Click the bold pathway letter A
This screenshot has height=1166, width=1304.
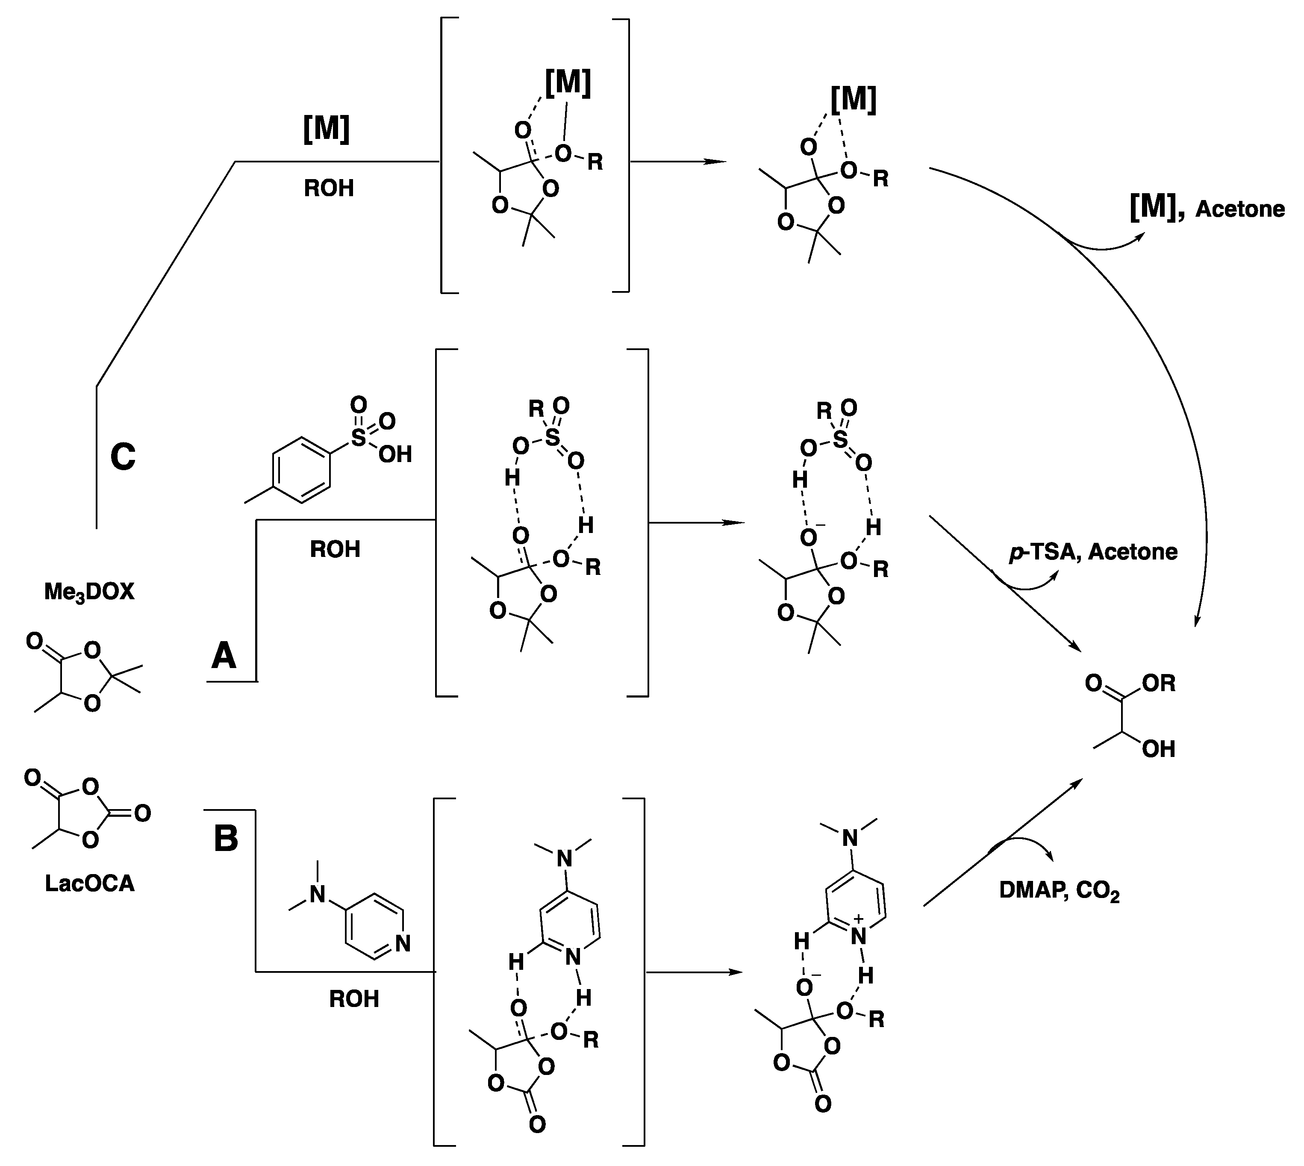coord(224,656)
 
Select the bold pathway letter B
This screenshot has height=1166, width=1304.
coord(225,838)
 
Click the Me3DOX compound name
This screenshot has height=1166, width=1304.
coord(90,591)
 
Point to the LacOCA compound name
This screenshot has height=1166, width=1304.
coord(90,883)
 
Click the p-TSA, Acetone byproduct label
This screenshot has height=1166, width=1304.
coord(1093,552)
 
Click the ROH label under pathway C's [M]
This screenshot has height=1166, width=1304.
coord(329,188)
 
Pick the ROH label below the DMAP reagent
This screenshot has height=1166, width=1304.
coord(354,999)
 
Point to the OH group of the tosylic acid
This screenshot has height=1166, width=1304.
coord(395,454)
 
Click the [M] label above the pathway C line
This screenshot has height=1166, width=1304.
coord(326,129)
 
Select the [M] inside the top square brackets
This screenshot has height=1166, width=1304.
coord(568,82)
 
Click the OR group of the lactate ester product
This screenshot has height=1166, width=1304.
coord(1159,683)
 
